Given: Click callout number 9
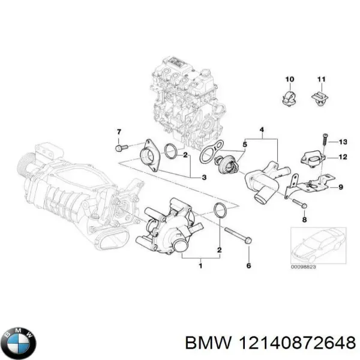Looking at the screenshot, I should tap(341, 187).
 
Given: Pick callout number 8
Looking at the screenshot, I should tap(304, 220).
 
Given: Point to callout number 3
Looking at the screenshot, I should tap(204, 177).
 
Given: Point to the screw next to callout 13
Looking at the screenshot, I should tap(324, 140).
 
